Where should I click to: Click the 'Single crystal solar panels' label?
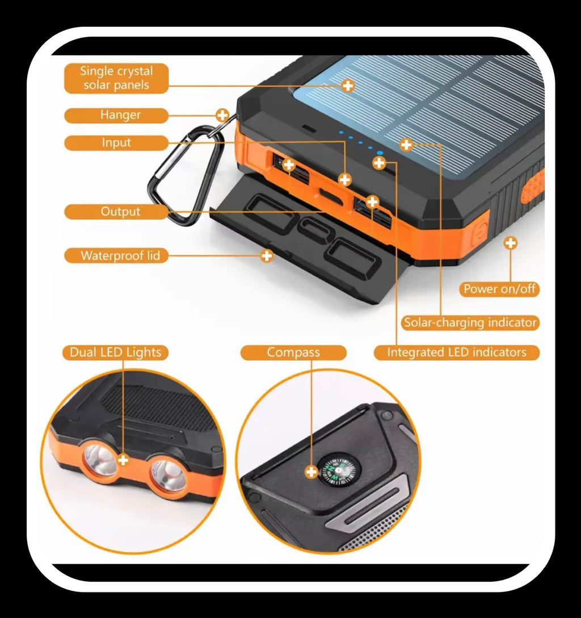(x=116, y=78)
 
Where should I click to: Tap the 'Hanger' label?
(x=116, y=115)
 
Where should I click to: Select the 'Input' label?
(x=116, y=142)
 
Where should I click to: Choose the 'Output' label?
(x=116, y=212)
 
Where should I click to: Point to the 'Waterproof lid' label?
(x=116, y=256)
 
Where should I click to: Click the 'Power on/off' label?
(x=499, y=289)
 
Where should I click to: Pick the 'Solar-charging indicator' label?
(x=470, y=322)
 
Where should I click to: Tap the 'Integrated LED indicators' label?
(x=456, y=352)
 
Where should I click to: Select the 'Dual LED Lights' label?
(x=116, y=352)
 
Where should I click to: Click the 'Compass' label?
(x=294, y=352)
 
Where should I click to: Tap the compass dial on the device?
(x=340, y=469)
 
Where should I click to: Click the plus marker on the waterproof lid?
(x=267, y=256)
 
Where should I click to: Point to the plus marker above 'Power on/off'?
(x=511, y=243)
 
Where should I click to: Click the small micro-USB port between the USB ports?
(x=330, y=195)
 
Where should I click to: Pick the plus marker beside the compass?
(x=311, y=472)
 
